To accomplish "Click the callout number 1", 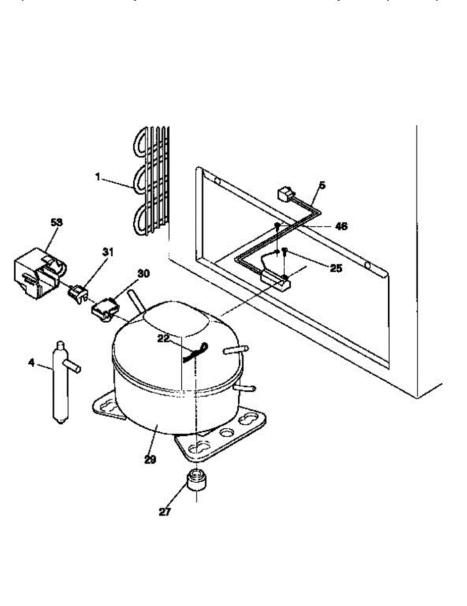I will (x=98, y=177).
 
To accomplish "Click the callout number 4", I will (x=31, y=362).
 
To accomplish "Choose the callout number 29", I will (x=149, y=460).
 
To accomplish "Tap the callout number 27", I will (x=165, y=512).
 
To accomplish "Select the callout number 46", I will (x=341, y=226).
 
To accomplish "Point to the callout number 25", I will (x=336, y=268).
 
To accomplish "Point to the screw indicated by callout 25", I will (x=285, y=250).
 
